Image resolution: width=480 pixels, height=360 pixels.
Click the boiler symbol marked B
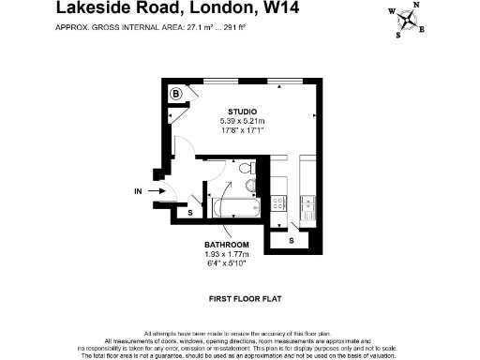(x=176, y=93)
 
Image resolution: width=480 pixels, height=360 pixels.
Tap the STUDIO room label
(x=241, y=112)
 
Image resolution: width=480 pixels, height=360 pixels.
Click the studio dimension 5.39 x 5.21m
(x=242, y=121)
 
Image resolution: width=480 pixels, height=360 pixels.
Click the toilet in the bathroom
(x=246, y=170)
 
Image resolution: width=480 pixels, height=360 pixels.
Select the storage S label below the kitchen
(x=292, y=241)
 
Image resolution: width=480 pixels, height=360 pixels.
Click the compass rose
(x=409, y=20)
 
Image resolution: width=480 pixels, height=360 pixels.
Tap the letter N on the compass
(x=416, y=6)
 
